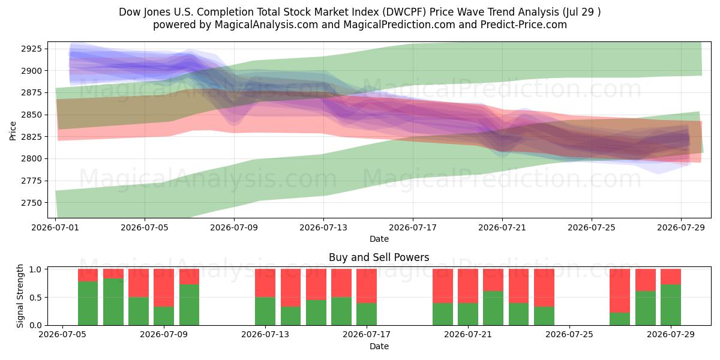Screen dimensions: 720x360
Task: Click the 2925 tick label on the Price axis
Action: click(31, 49)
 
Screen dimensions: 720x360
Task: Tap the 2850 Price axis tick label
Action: click(31, 115)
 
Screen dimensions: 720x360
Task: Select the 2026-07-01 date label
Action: click(55, 227)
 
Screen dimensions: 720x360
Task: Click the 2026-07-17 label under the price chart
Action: click(413, 227)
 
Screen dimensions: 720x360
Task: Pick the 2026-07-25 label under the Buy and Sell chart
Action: click(569, 335)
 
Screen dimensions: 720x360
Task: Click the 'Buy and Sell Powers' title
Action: click(379, 257)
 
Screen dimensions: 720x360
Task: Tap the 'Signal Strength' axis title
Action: click(20, 296)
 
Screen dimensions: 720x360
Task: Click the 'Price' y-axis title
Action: click(13, 131)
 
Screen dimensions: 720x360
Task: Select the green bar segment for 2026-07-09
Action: click(164, 316)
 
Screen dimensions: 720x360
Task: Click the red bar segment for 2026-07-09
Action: click(164, 287)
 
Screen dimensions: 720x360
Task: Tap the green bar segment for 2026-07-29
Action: click(671, 305)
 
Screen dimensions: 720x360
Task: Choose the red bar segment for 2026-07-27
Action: click(620, 291)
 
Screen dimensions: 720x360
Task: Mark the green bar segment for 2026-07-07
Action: click(113, 302)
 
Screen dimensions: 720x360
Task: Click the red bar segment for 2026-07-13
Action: click(265, 283)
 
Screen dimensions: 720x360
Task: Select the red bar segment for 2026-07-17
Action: click(367, 286)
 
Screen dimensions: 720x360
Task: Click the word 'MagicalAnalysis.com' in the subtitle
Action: click(266, 25)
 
